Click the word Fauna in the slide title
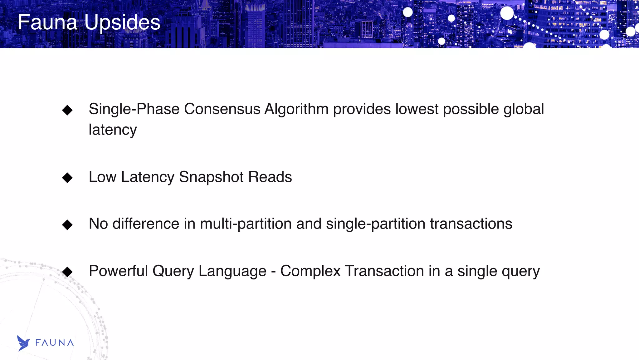click(x=47, y=22)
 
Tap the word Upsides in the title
click(x=122, y=22)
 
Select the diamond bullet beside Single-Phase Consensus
click(x=67, y=110)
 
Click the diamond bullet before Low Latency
click(x=67, y=178)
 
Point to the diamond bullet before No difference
click(x=67, y=224)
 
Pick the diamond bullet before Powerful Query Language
click(x=67, y=272)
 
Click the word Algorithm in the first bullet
click(x=296, y=109)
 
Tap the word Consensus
click(x=222, y=109)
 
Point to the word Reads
click(x=270, y=177)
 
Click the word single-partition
click(x=376, y=224)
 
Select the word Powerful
click(x=118, y=271)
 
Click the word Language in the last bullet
click(x=232, y=271)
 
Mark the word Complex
click(x=310, y=271)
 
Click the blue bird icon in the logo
click(x=23, y=343)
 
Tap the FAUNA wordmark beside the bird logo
click(x=55, y=343)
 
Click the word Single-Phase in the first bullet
click(x=134, y=109)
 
